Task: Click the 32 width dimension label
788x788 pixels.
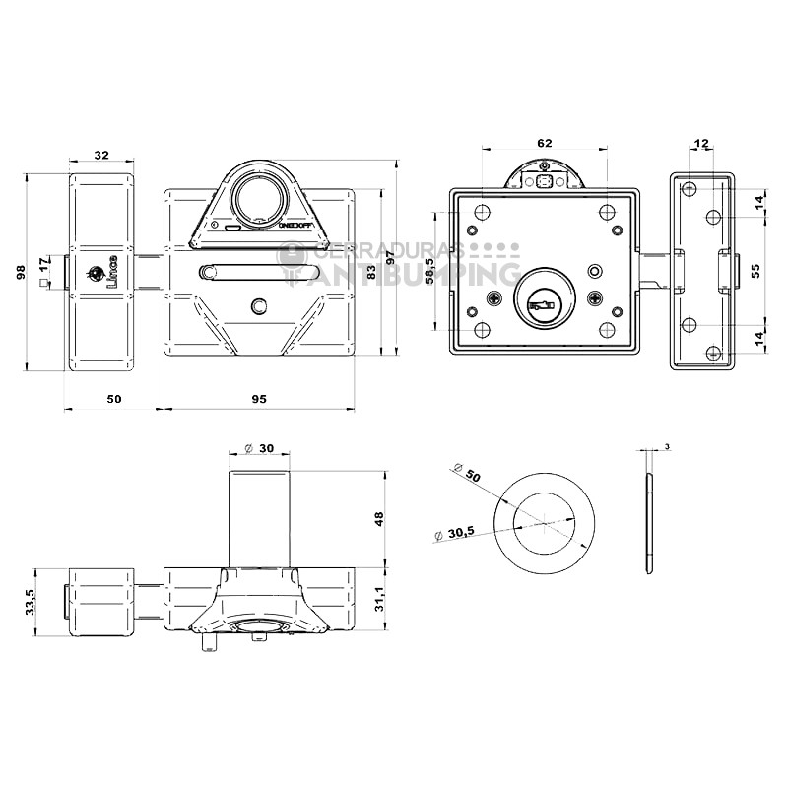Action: (x=100, y=155)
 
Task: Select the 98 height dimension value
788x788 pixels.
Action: (x=21, y=273)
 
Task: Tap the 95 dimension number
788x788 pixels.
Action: (x=259, y=399)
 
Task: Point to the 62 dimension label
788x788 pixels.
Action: (x=545, y=143)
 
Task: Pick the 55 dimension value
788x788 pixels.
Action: (x=756, y=272)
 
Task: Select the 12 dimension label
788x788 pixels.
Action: (x=701, y=144)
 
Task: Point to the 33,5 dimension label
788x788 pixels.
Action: (x=31, y=602)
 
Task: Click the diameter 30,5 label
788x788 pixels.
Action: (x=454, y=533)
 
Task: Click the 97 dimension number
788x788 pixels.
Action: (x=390, y=258)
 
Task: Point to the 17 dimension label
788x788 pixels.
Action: (x=42, y=265)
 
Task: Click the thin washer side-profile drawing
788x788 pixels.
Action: (x=648, y=523)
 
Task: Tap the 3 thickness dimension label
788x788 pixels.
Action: (x=667, y=447)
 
